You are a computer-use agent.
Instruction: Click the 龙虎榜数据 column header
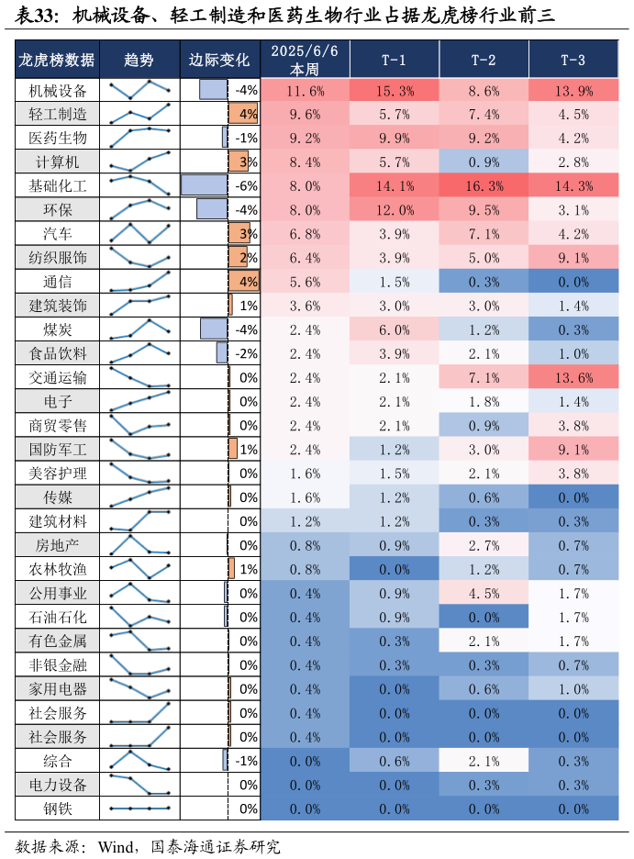coord(57,60)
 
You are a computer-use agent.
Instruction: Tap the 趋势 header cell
coord(139,60)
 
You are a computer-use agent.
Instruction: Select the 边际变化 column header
coord(219,60)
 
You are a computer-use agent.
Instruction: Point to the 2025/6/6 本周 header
coord(305,60)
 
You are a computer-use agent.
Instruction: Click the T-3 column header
coord(573,60)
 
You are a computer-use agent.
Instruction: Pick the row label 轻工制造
coord(57,114)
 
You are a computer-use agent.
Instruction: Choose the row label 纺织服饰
coord(57,257)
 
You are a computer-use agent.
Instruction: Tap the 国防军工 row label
coord(57,449)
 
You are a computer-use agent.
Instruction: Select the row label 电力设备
coord(57,784)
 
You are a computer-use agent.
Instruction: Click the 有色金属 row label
coord(57,641)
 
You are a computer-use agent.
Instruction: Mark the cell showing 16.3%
coord(484,186)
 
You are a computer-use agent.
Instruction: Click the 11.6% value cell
coord(305,91)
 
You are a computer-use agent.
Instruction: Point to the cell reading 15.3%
coord(395,91)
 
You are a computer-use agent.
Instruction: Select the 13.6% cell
coord(573,377)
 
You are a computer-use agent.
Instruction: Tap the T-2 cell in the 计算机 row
coord(484,162)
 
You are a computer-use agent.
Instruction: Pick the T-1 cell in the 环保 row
coord(395,210)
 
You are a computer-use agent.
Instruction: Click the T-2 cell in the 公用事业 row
coord(484,593)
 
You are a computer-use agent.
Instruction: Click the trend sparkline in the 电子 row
coord(139,401)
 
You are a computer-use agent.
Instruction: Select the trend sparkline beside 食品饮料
coord(139,352)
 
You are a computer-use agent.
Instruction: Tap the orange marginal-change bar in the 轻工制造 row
coord(243,114)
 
